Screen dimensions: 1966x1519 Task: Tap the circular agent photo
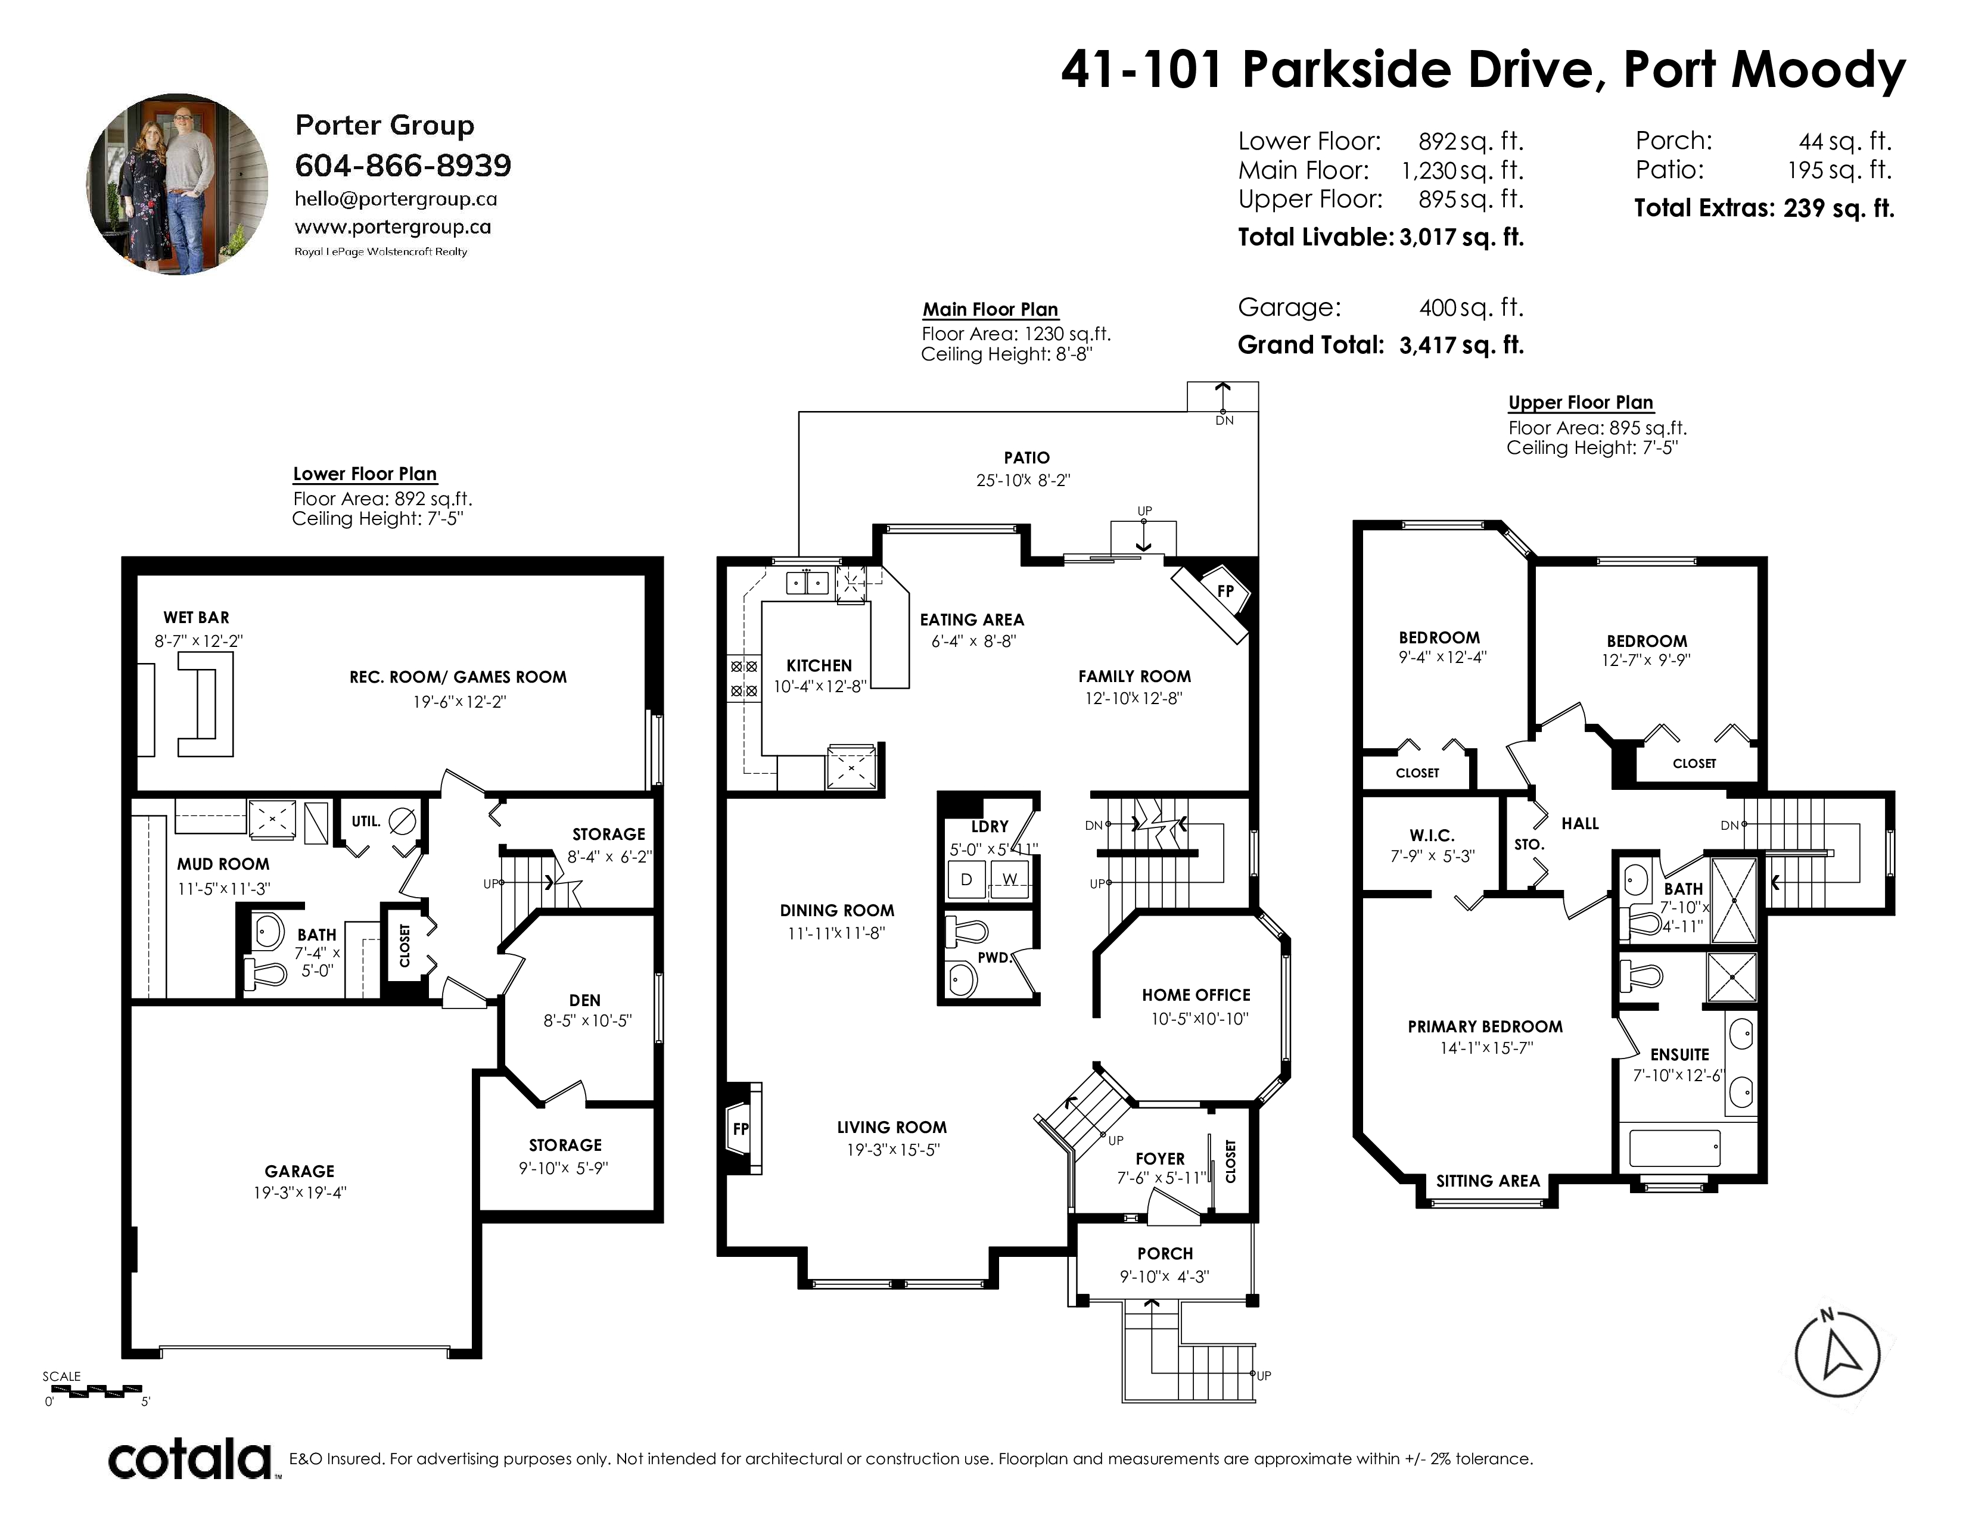click(x=178, y=185)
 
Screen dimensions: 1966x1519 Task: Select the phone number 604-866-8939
click(x=403, y=166)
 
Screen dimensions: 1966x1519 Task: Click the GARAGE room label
click(x=300, y=1171)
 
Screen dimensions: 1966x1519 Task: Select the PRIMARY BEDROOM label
click(x=1485, y=1027)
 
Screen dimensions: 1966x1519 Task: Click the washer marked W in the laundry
click(x=1010, y=880)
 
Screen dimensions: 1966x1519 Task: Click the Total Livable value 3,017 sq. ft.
click(x=1461, y=236)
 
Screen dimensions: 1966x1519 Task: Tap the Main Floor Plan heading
click(x=990, y=310)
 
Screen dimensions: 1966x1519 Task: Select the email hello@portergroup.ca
click(x=396, y=199)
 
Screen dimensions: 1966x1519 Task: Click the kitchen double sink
click(x=807, y=583)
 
